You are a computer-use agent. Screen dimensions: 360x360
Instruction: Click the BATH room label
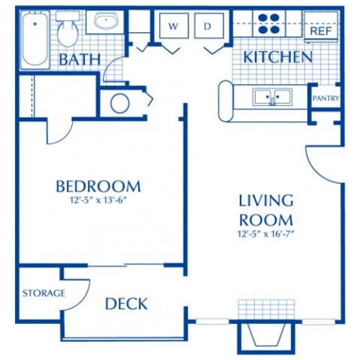(81, 58)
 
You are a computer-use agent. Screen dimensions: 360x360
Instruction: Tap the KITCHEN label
(277, 57)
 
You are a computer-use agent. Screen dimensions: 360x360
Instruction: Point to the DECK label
(126, 304)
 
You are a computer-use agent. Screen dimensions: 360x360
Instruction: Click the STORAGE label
(42, 292)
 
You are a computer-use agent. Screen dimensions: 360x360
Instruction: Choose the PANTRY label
(325, 98)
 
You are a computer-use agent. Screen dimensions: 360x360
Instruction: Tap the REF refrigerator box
(321, 31)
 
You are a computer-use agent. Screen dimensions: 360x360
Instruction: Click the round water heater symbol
(120, 103)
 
